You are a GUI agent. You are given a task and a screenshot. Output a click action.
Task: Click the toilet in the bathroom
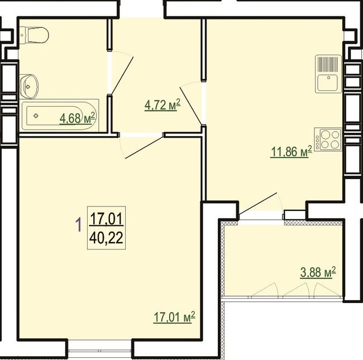click(34, 35)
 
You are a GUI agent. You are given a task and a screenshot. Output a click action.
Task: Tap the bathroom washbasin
click(28, 87)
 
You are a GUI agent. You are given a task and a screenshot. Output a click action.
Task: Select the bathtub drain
click(36, 116)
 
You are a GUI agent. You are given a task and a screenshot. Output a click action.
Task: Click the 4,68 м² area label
click(77, 118)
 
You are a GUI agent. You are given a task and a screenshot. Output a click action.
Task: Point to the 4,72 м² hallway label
click(163, 105)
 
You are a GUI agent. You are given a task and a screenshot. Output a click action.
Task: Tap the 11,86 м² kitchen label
click(291, 152)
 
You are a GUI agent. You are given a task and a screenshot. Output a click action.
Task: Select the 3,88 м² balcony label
click(318, 272)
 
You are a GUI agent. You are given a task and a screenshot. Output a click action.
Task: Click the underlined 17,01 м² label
click(174, 317)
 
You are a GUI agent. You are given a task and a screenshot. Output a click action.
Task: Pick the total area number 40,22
click(106, 238)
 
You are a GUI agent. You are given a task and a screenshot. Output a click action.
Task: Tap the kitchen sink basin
click(328, 83)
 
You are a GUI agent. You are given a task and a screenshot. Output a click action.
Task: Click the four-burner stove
click(328, 140)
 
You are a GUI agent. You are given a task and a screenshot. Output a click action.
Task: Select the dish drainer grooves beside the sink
click(328, 64)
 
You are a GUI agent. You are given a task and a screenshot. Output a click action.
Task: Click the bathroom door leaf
click(122, 76)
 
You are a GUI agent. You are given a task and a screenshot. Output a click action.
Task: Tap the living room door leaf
click(144, 147)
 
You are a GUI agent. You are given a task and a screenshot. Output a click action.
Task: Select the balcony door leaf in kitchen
click(258, 203)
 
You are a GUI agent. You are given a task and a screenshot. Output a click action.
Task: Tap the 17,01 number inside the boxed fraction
click(106, 219)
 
